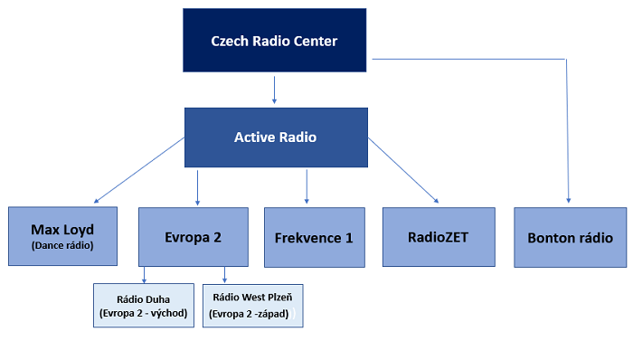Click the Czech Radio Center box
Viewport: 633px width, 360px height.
273,41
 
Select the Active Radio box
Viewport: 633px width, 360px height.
275,137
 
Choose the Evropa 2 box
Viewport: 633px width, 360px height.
193,236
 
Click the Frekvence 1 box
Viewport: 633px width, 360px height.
313,238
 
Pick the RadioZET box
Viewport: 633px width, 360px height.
439,237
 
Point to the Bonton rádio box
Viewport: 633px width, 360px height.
570,238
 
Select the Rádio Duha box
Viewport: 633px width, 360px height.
144,304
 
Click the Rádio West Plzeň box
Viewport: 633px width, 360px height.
252,304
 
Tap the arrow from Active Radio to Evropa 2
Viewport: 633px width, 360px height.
198,185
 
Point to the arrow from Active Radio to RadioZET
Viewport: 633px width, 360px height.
403,170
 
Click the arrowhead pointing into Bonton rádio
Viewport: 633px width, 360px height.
569,199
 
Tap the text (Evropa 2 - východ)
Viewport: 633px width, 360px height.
144,313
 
